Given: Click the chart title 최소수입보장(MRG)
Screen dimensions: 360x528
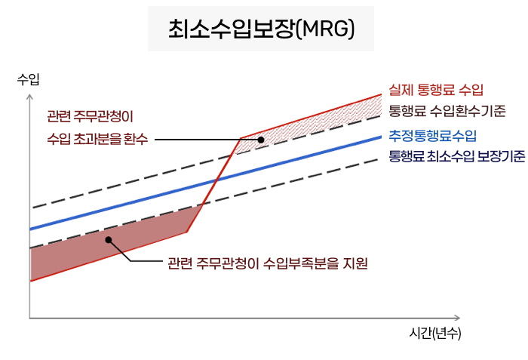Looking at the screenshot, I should click(x=261, y=29).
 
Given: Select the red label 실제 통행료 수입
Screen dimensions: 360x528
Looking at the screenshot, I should click(x=436, y=91).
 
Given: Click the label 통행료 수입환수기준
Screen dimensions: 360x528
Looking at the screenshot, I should click(x=447, y=112).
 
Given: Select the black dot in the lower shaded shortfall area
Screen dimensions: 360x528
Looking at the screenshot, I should click(x=109, y=240).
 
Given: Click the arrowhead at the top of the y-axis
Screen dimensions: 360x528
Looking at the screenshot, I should click(x=29, y=97).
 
